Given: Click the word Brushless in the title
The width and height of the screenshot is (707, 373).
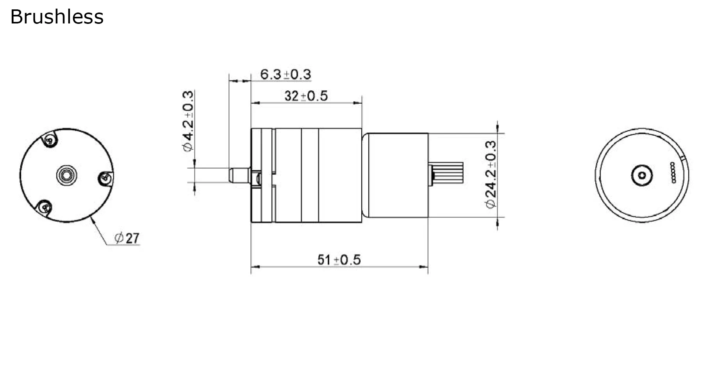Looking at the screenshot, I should tap(57, 17).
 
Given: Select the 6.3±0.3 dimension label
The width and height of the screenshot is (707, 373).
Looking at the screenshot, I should tap(285, 74).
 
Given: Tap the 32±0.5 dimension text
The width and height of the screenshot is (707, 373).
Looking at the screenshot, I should tap(306, 96).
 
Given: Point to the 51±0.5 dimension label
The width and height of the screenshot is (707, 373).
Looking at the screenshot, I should tap(339, 260).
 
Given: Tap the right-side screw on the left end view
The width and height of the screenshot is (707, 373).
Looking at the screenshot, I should tap(105, 178).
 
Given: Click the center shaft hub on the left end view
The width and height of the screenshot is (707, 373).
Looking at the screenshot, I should tap(66, 175).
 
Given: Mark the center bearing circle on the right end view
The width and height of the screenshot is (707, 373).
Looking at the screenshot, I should tap(642, 175).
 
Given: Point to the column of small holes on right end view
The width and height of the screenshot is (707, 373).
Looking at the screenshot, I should tap(673, 172).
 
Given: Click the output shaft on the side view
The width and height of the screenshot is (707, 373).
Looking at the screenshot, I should tap(239, 175).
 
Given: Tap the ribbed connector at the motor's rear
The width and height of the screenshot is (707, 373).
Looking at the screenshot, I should tap(448, 172).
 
